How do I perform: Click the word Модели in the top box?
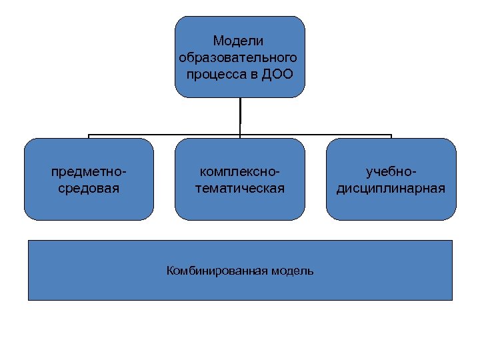[239, 42]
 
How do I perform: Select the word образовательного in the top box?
[239, 57]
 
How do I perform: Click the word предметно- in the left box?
[89, 172]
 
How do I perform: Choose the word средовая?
[89, 188]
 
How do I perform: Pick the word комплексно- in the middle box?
[239, 172]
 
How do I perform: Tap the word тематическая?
[239, 188]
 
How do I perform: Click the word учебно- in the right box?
[391, 172]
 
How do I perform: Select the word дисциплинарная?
[391, 188]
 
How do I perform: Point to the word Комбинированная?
[216, 271]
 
